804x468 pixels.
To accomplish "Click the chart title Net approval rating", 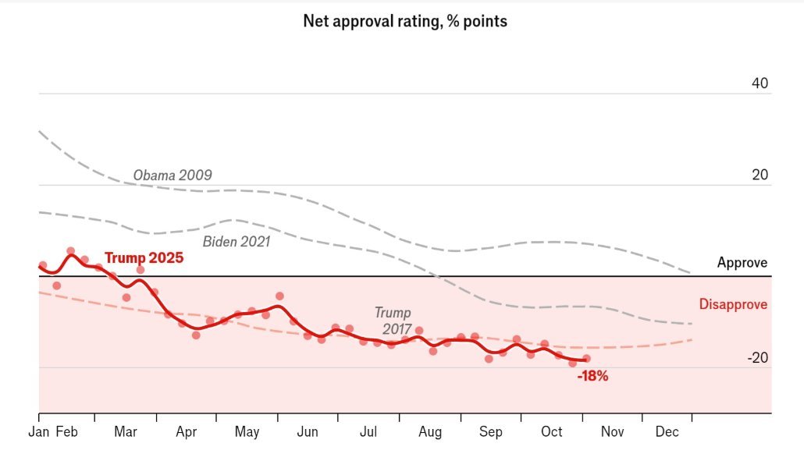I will (404, 22).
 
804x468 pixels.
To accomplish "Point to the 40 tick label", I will (760, 83).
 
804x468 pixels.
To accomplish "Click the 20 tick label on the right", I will (760, 175).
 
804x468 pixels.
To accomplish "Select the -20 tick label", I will (757, 358).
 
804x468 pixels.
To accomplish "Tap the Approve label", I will (742, 263).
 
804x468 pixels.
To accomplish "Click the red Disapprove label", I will (733, 304).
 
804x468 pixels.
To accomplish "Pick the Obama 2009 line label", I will (172, 175).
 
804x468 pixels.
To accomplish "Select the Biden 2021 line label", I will (236, 242).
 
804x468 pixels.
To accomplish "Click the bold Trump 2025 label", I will (144, 257).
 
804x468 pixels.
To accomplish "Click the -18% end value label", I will (592, 376).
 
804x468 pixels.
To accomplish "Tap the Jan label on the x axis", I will (38, 431).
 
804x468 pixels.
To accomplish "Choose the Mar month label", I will (125, 431).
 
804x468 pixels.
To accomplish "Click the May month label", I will (247, 431).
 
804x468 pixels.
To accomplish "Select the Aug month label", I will (429, 431).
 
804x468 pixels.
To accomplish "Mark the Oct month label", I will (552, 431).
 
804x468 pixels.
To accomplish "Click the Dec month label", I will (667, 431).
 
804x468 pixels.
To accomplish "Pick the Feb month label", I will (66, 431).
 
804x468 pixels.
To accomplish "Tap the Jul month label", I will (368, 431).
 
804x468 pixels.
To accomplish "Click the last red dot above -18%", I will (586, 359).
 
